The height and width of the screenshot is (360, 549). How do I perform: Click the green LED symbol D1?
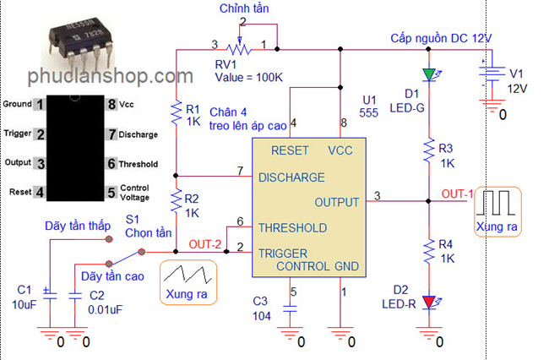pos(429,74)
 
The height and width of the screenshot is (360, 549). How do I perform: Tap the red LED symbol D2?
pos(429,302)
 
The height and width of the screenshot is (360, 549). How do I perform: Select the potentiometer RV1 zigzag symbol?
pos(239,49)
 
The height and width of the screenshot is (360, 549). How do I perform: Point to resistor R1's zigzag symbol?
pos(177,112)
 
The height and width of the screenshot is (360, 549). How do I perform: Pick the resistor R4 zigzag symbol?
pos(428,251)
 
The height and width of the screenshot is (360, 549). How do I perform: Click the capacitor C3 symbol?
pos(290,308)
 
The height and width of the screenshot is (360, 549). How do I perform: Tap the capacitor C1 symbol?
pos(50,293)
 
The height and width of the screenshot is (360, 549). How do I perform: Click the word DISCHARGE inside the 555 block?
pos(291,177)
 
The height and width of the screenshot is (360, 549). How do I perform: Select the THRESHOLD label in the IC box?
pos(293,228)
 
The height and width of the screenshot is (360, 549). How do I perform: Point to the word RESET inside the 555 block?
pos(290,150)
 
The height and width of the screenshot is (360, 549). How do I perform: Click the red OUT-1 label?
pos(457,194)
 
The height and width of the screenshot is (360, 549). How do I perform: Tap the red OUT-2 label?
pos(205,244)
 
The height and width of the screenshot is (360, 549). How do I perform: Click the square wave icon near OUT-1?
pos(496,203)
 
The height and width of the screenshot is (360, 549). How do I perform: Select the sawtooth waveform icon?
pos(188,274)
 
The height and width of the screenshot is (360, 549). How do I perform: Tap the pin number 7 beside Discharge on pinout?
pos(111,134)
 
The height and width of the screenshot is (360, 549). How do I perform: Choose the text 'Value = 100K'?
pos(248,77)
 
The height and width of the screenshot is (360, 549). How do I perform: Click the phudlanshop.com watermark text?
pos(111,76)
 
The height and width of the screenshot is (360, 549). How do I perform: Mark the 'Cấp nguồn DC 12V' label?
pos(441,38)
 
